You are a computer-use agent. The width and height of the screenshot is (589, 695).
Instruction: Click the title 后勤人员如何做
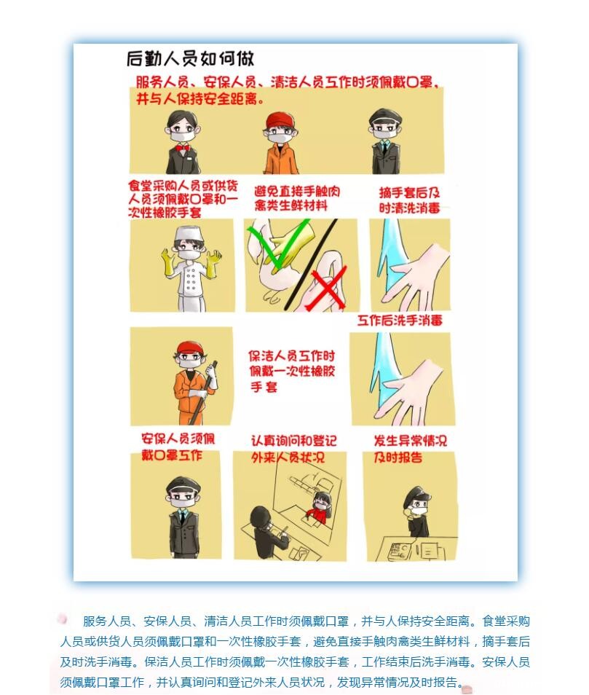[190, 58]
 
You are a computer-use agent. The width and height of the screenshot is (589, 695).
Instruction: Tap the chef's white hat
[189, 235]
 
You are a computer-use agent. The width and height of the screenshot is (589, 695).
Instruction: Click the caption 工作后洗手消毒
[400, 320]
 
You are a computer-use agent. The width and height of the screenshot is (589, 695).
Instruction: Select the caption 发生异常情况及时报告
[410, 449]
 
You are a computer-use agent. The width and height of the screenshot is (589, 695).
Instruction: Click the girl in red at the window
[320, 506]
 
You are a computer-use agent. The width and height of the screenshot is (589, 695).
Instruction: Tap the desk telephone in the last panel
[400, 550]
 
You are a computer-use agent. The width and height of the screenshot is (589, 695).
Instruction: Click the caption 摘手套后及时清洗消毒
[409, 200]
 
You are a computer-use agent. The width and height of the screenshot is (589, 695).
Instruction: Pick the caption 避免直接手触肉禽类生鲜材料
[297, 198]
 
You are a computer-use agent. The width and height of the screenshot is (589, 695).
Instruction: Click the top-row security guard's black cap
[385, 117]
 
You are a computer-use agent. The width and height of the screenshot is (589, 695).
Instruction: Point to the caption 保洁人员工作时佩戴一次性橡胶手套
[291, 371]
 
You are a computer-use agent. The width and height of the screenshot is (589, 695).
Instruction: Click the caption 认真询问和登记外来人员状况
[293, 449]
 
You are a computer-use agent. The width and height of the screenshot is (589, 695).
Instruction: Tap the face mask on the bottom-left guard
[183, 503]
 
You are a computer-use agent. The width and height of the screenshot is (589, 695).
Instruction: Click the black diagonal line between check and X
[311, 264]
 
